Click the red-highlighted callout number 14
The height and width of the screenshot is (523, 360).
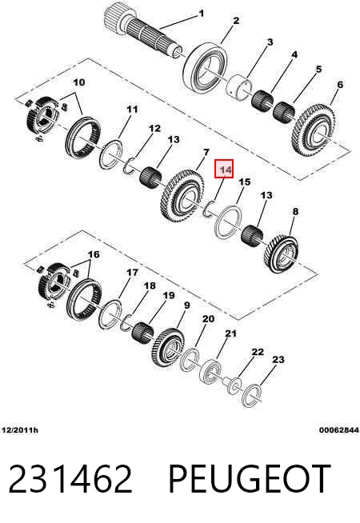pos(226,170)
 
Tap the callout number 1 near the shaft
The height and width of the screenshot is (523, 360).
pos(201,14)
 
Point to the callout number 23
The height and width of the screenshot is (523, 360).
pos(278,360)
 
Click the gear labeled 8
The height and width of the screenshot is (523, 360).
pos(282,254)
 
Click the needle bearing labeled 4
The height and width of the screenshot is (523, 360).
pos(262,100)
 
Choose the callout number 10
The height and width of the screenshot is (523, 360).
pos(79,82)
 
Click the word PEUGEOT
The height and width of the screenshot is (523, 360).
pos(250,479)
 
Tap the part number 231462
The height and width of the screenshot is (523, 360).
pos(70,479)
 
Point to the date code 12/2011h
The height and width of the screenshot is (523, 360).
pos(20,430)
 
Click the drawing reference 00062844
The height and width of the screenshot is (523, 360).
pos(339,430)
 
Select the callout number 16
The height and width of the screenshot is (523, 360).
pos(94,254)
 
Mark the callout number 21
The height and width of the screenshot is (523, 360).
pos(230,333)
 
